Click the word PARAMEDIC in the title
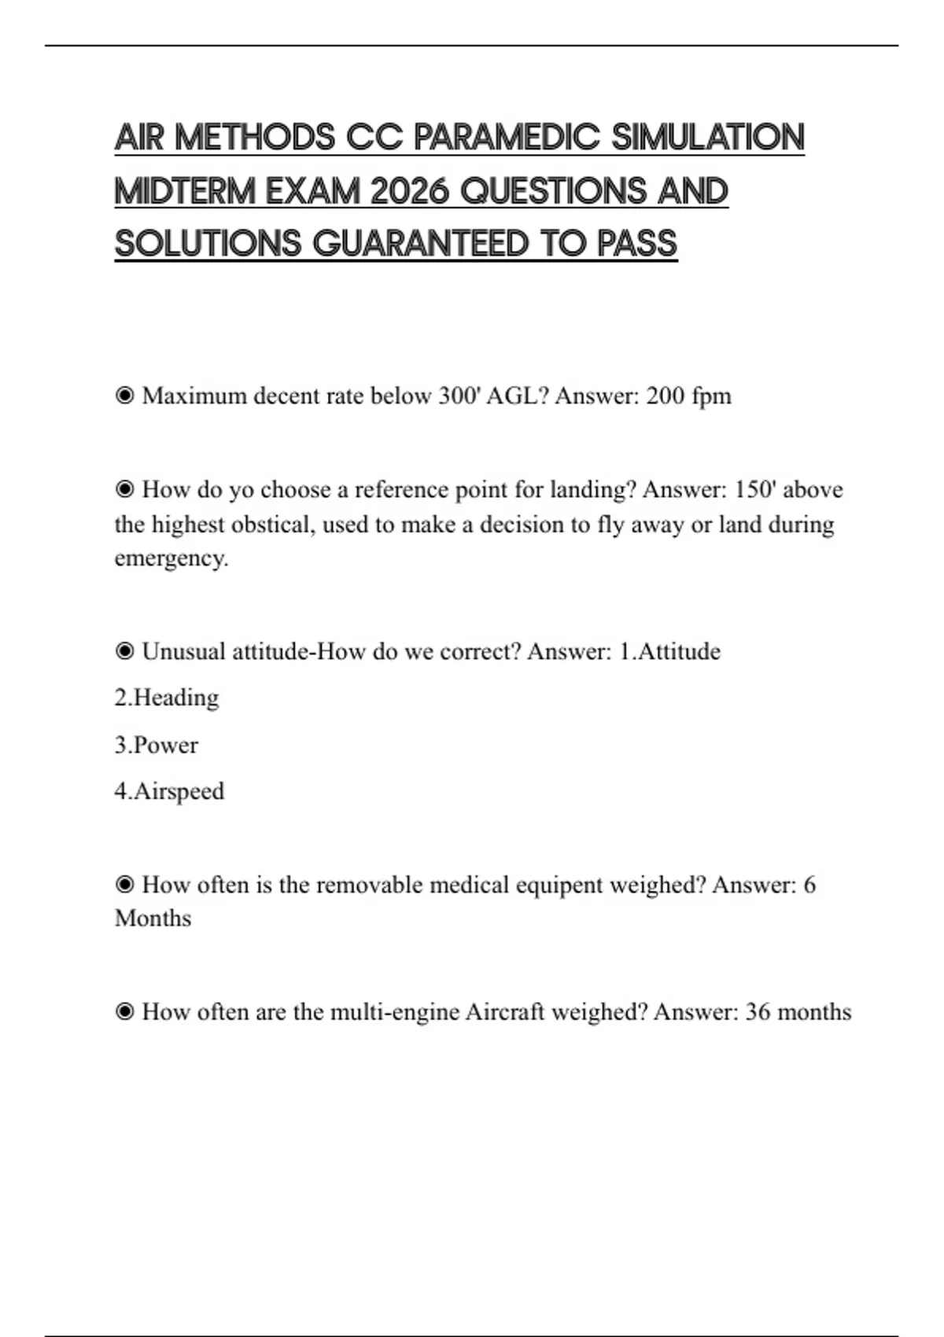[x=507, y=138]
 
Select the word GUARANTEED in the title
[x=421, y=244]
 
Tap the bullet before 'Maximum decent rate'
[x=124, y=396]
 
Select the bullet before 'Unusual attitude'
[x=124, y=652]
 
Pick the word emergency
[x=171, y=558]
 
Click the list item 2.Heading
[x=166, y=698]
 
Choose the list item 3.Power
[x=156, y=745]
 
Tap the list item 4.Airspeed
[x=169, y=791]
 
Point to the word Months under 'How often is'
[x=153, y=919]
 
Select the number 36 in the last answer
[x=758, y=1011]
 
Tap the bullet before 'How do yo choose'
[x=124, y=490]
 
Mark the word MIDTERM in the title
[x=186, y=191]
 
